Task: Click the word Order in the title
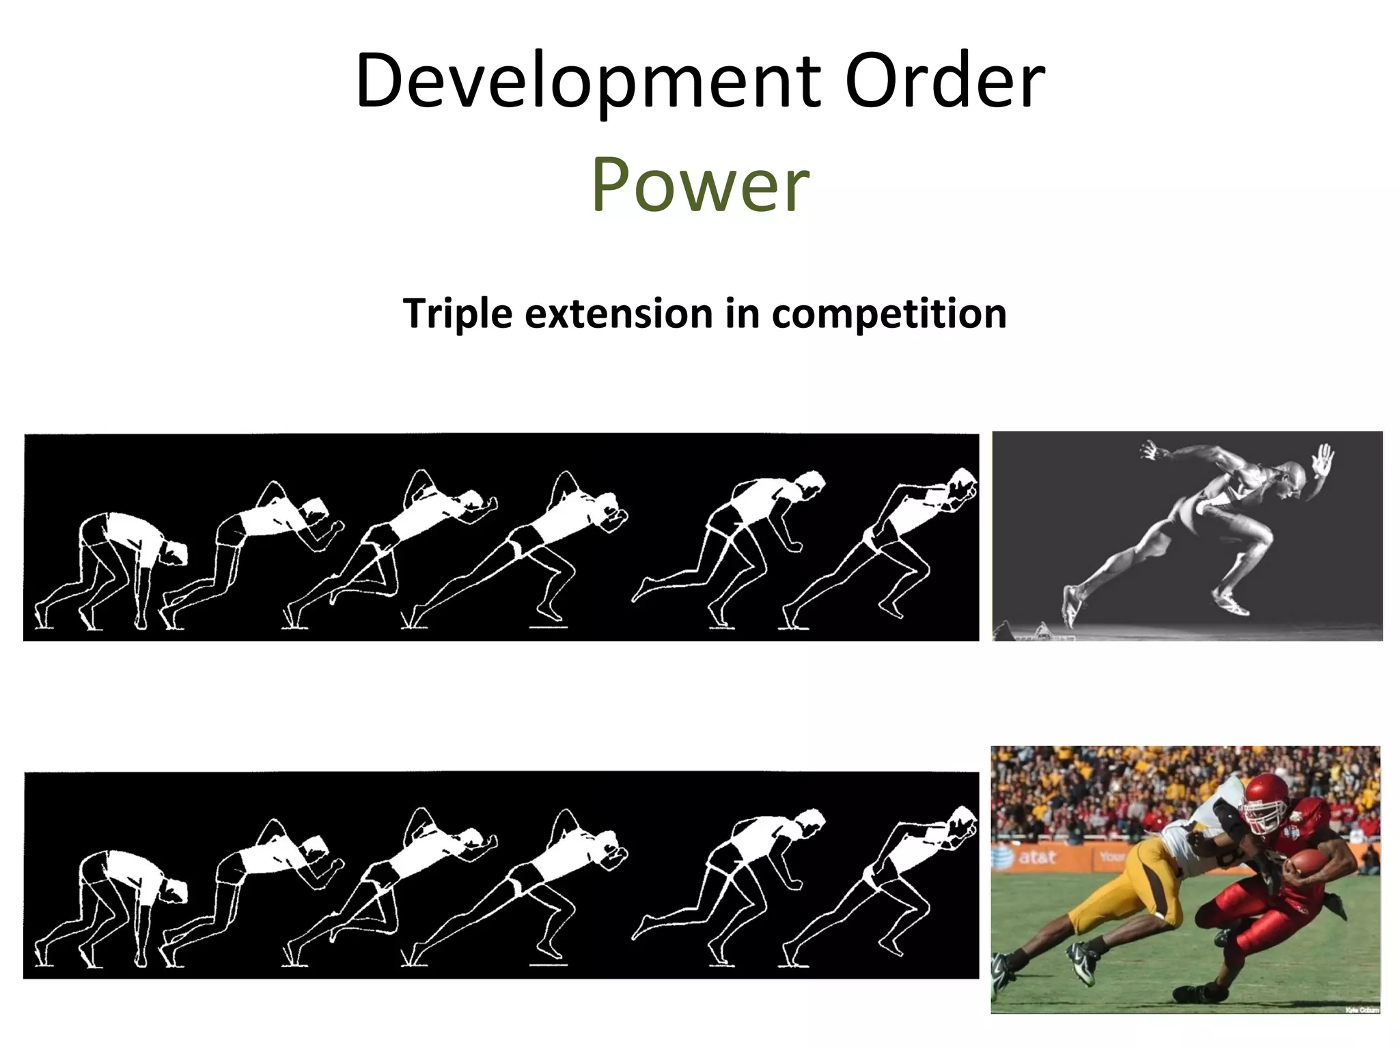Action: pyautogui.click(x=944, y=82)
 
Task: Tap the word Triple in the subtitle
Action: pyautogui.click(x=458, y=314)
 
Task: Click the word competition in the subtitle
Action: pyautogui.click(x=889, y=314)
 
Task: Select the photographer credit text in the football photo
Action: pyautogui.click(x=1361, y=1009)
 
